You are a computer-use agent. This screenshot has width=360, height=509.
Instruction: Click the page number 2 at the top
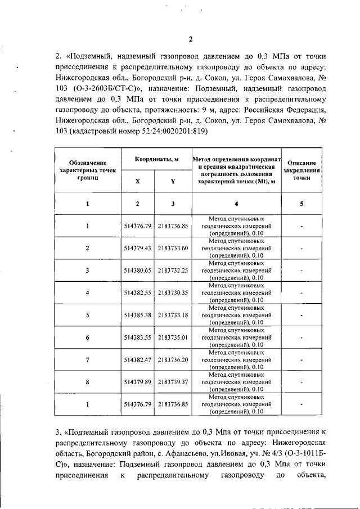[190, 39]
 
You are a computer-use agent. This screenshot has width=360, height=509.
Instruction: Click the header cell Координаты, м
[156, 160]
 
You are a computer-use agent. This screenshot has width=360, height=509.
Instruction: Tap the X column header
[138, 182]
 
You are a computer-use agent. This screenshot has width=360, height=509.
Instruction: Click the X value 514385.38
[138, 315]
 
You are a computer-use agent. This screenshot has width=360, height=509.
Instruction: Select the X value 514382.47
[138, 359]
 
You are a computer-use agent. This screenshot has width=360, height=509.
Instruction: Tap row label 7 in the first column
[87, 359]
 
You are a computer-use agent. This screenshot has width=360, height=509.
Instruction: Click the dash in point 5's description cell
[301, 315]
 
